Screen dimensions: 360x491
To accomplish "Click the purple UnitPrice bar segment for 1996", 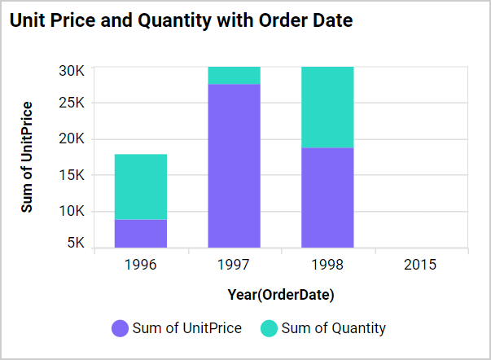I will coord(141,233).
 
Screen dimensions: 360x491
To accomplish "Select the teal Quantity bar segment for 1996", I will coord(141,187).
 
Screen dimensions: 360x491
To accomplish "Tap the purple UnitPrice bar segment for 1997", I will coord(235,165).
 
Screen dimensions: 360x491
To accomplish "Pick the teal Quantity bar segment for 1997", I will coord(235,75).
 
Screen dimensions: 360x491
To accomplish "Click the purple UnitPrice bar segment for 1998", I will coord(327,197).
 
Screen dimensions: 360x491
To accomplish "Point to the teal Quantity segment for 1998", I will coord(327,107).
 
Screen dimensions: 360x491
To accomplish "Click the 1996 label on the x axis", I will coord(141,265).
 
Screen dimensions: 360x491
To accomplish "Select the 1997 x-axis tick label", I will coord(235,265).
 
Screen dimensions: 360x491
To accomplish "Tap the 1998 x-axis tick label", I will coord(327,265).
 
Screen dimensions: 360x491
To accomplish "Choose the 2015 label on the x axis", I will coord(420,265).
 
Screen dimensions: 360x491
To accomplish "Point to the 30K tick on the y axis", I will coord(72,70).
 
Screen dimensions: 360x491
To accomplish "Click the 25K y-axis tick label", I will coord(72,103).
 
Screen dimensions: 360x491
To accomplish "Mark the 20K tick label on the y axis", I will coord(72,138).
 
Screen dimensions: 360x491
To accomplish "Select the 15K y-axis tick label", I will coord(72,175).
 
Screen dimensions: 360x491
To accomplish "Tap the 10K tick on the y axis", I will coord(72,211).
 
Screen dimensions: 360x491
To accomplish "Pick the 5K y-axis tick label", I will coord(75,243).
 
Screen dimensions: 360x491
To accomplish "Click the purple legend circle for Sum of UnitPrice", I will coord(120,329).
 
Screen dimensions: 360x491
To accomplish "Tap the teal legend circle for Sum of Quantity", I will coord(269,329).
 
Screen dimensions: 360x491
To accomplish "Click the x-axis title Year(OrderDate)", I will coord(281,294).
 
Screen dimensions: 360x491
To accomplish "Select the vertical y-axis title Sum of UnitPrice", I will coord(28,157).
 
